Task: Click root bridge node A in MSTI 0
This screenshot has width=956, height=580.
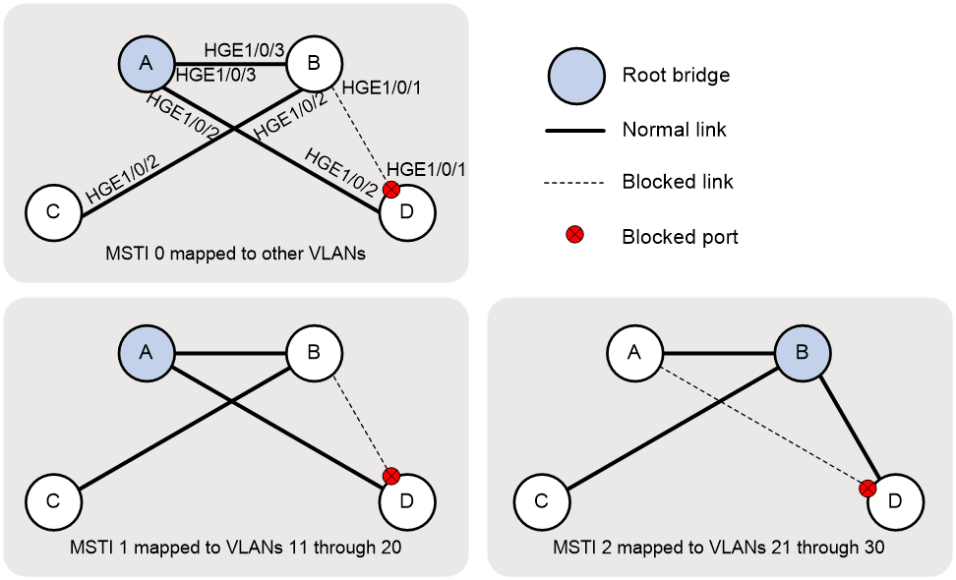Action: [146, 63]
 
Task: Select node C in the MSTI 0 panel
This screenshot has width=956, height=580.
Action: [53, 212]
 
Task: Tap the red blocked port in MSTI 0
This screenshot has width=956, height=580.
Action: [390, 190]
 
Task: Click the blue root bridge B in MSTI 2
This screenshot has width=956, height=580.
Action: [802, 353]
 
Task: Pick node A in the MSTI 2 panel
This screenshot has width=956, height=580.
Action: [634, 353]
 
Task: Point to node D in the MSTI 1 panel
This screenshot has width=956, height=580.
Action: [406, 501]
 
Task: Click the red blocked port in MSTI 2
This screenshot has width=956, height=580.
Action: [866, 488]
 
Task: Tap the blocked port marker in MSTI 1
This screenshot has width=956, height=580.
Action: [390, 476]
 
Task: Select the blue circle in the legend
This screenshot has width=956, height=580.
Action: [576, 76]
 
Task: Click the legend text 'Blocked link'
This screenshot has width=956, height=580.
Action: [678, 182]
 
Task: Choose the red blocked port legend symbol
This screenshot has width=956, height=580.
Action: [575, 235]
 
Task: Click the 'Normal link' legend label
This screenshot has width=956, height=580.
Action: [675, 129]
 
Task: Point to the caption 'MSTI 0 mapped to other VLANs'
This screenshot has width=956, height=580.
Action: [235, 254]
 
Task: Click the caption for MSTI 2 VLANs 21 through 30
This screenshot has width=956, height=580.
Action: [718, 548]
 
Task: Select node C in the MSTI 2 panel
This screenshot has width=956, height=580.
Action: [541, 501]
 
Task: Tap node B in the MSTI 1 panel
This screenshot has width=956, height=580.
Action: [314, 353]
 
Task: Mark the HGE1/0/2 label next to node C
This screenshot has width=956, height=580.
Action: [123, 180]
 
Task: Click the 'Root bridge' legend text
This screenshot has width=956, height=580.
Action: [676, 75]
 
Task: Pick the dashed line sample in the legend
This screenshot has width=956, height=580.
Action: [574, 182]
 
